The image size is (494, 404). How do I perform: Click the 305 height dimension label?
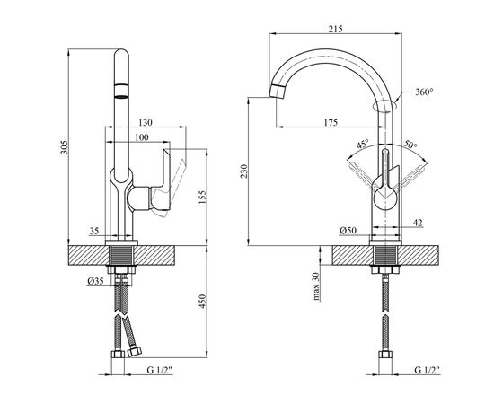(x=65, y=147)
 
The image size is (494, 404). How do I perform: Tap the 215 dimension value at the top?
(x=335, y=29)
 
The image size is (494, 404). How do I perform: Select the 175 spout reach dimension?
(x=331, y=122)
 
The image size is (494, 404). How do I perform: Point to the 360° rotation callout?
(x=424, y=92)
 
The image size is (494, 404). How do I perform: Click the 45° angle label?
(x=362, y=145)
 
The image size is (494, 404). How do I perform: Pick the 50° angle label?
(x=410, y=145)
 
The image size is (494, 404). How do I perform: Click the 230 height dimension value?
(x=244, y=171)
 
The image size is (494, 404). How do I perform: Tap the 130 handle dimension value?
(x=146, y=122)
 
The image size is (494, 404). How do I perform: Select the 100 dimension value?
(x=142, y=137)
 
